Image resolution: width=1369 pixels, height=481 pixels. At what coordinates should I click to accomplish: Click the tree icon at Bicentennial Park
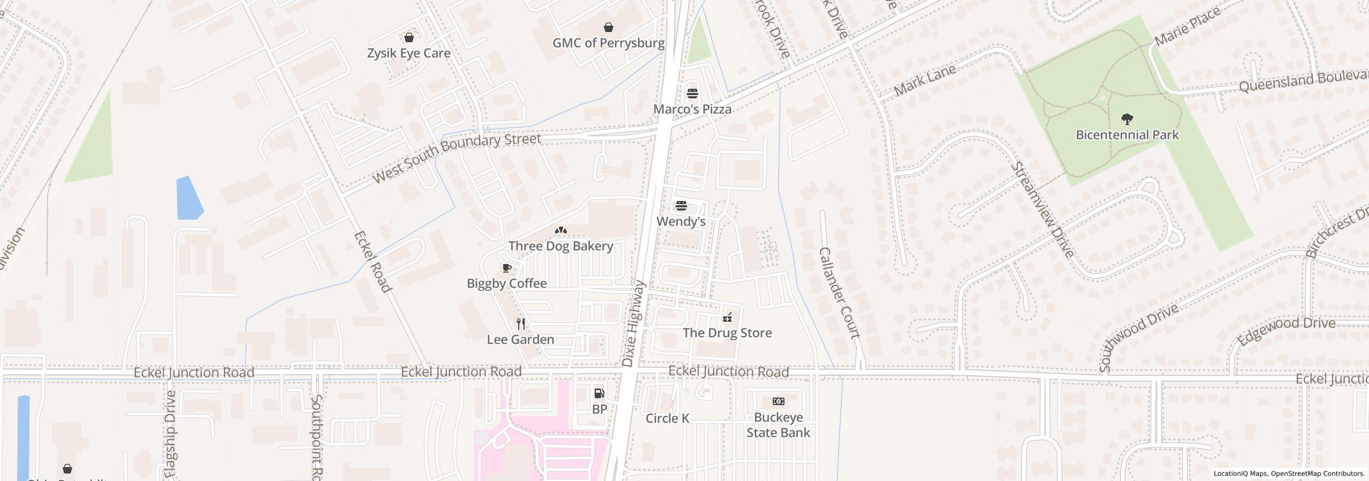(x=1127, y=118)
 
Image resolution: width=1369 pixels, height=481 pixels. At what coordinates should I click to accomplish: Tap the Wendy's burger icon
(x=681, y=206)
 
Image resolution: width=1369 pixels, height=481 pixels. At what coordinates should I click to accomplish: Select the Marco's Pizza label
(x=692, y=109)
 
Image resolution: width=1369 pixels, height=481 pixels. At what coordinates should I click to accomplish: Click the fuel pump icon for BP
(x=599, y=393)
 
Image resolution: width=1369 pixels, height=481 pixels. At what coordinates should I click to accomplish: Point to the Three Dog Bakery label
(x=560, y=246)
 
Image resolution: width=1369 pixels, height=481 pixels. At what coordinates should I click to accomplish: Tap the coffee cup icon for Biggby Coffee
(x=506, y=268)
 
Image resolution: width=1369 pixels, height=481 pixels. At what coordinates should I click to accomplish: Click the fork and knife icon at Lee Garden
(x=520, y=323)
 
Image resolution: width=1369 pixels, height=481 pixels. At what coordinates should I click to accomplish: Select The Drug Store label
(x=727, y=332)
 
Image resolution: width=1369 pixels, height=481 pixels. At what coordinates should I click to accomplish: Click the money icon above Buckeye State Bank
(x=778, y=401)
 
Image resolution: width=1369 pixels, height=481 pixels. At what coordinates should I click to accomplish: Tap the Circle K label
(x=667, y=418)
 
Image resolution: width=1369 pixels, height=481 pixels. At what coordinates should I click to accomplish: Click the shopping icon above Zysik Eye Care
(x=409, y=37)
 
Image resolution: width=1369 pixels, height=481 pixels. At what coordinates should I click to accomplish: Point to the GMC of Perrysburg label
(x=608, y=43)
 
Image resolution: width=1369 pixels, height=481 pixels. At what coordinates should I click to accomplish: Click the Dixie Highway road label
(x=634, y=324)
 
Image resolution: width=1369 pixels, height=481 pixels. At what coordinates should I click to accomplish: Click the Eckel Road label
(x=373, y=261)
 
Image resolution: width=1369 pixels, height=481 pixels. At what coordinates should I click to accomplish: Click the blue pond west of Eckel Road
(x=189, y=198)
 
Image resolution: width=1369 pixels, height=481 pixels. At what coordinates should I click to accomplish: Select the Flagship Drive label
(x=171, y=434)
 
